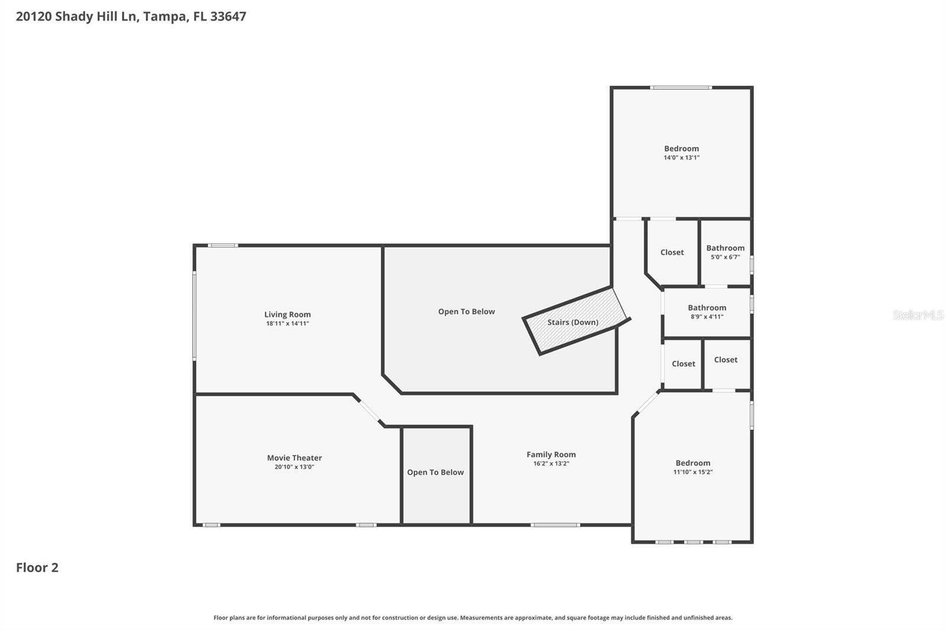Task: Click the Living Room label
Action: click(287, 314)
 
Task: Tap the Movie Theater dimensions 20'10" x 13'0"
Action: click(294, 467)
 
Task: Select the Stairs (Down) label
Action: click(572, 322)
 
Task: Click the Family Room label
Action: click(551, 454)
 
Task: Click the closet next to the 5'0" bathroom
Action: click(672, 252)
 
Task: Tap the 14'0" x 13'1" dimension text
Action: click(681, 158)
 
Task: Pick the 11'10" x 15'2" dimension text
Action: click(693, 472)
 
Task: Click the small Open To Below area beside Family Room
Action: click(435, 472)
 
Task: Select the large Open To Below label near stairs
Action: click(466, 311)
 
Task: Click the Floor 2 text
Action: click(37, 567)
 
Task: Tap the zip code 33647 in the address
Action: click(228, 17)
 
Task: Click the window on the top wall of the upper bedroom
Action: click(681, 88)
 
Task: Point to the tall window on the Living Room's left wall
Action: click(194, 316)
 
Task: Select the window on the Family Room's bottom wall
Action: click(555, 525)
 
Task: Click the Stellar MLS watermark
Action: click(918, 315)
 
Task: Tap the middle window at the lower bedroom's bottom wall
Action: click(693, 542)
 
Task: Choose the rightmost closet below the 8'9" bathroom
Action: click(725, 360)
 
